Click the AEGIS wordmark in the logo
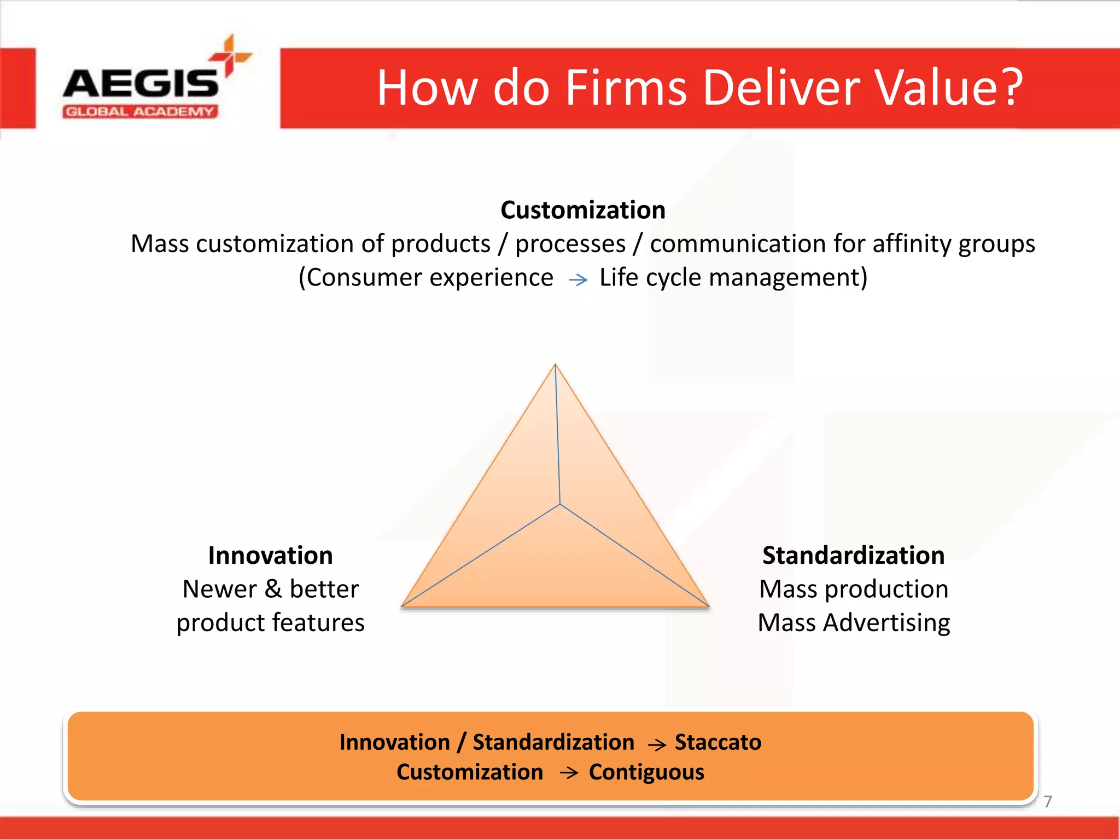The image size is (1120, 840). pyautogui.click(x=141, y=83)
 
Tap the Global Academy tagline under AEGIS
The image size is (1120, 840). pyautogui.click(x=140, y=112)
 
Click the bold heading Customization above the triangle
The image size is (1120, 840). pyautogui.click(x=583, y=210)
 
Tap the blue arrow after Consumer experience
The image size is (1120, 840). pyautogui.click(x=578, y=280)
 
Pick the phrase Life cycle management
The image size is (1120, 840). pyautogui.click(x=733, y=277)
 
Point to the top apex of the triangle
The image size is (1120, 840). pyautogui.click(x=555, y=365)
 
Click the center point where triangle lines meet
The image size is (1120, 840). pyautogui.click(x=559, y=504)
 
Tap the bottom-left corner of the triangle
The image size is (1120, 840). pyautogui.click(x=403, y=605)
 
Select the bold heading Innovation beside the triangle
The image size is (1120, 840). pyautogui.click(x=270, y=555)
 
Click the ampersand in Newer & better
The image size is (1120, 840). pyautogui.click(x=273, y=589)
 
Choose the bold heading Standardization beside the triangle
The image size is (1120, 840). pyautogui.click(x=853, y=555)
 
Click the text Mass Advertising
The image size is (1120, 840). pyautogui.click(x=853, y=623)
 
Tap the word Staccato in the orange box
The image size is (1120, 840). pyautogui.click(x=717, y=742)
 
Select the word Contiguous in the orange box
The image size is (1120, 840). pyautogui.click(x=646, y=772)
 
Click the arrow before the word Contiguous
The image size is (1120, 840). pyautogui.click(x=569, y=773)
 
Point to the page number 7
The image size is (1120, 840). pyautogui.click(x=1047, y=801)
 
